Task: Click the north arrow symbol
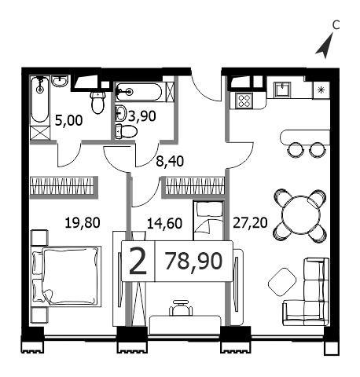pos(325,48)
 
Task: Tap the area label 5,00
pos(69,120)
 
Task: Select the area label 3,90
pos(142,116)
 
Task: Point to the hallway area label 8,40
pos(170,161)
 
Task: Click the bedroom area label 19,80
pos(83,223)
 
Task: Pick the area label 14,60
pos(164,223)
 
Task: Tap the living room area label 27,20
pos(250,223)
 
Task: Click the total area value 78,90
pos(194,262)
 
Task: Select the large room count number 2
pos(138,262)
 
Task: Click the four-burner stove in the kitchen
pos(244,101)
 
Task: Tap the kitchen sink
pos(282,89)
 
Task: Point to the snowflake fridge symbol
pos(321,90)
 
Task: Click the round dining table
pos(301,215)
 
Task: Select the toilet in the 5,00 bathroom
pos(98,102)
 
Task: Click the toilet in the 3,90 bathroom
pos(127,131)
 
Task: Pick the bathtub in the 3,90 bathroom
pos(139,92)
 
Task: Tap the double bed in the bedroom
pos(66,276)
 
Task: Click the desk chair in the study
pos(181,308)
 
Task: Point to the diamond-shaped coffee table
pos(282,282)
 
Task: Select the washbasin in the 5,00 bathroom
pos(60,81)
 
